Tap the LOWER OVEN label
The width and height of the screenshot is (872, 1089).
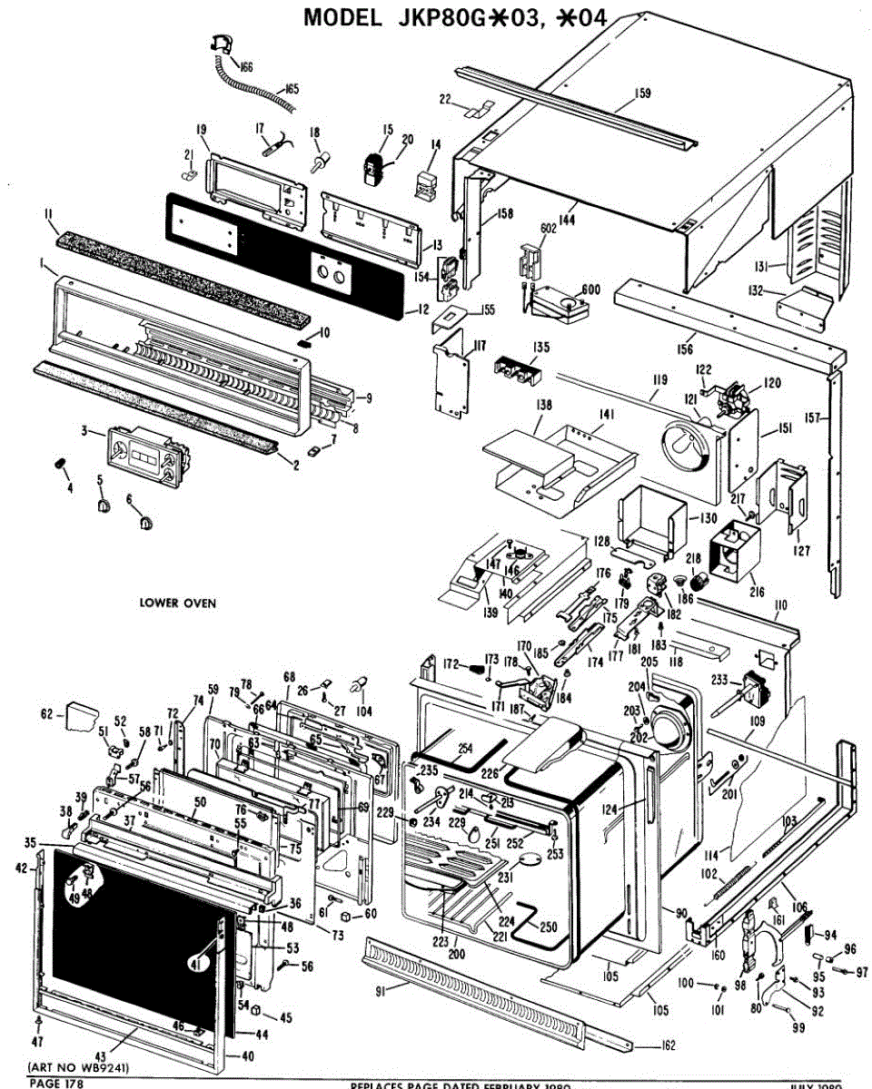177,603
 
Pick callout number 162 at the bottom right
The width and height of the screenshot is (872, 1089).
668,1045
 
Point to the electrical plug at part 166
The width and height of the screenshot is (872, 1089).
220,41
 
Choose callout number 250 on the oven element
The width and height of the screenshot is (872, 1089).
548,927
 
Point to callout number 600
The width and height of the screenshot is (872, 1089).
592,289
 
